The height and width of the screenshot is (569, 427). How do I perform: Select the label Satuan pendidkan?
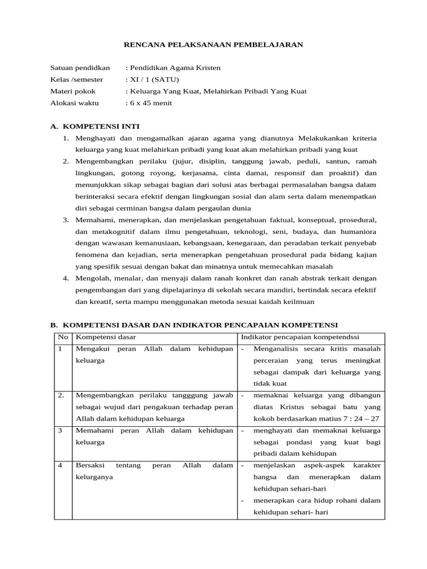(80, 68)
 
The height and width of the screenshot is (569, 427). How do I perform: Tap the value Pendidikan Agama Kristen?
(175, 68)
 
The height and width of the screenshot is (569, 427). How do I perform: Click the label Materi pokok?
(73, 91)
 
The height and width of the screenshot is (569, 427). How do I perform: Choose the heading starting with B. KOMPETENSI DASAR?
(194, 325)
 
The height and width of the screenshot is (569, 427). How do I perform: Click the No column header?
(62, 337)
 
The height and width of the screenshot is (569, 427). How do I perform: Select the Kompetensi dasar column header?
(106, 337)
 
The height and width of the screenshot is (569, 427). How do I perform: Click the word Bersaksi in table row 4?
(89, 465)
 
